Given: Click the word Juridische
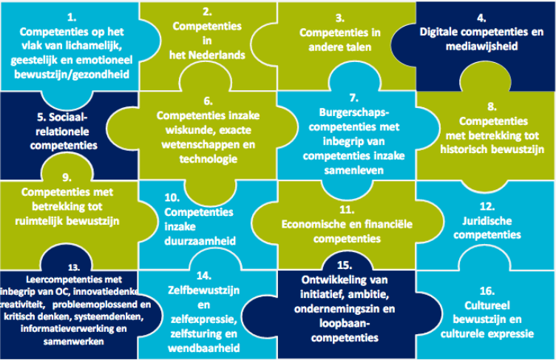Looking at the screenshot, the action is (489, 221).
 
